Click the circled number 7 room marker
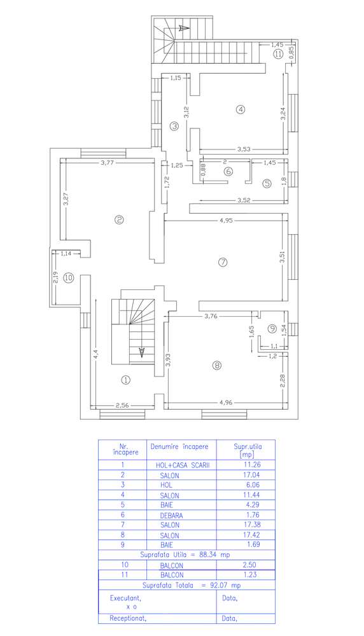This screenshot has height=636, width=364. pos(222,262)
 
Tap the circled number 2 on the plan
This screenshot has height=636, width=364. pos(119,220)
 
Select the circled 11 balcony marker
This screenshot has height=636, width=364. pos(277,54)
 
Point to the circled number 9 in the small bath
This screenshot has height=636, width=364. pos(272,329)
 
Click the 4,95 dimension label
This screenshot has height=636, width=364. pos(226,221)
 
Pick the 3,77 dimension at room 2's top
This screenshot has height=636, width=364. pos(107,163)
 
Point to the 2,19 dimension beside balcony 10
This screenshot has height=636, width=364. pos(55,279)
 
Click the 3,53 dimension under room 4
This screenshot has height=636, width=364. pos(244,149)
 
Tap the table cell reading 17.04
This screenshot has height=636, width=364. pos(251,475)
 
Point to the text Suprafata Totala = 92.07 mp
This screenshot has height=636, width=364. pos(192,585)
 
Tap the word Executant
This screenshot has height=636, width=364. pos(125,598)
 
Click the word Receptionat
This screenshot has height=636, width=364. pos(128,619)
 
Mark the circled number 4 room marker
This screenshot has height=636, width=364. pos(241,109)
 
